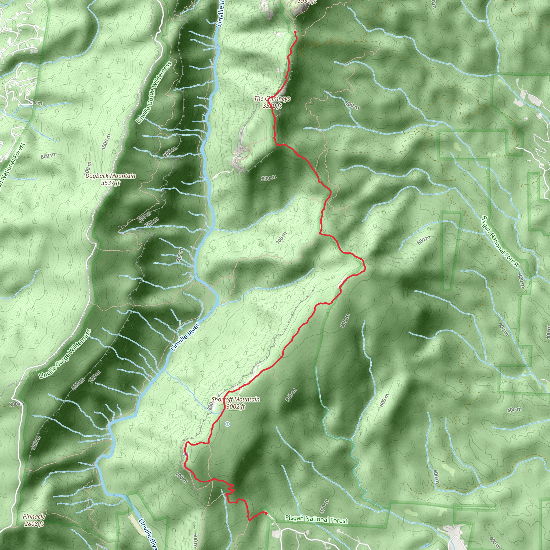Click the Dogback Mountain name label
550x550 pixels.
click(x=110, y=176)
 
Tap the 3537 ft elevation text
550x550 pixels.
click(x=110, y=183)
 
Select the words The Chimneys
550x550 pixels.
click(x=272, y=99)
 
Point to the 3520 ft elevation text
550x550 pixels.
click(x=272, y=106)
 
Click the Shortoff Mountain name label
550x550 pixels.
click(x=236, y=399)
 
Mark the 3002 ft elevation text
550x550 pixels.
click(x=236, y=407)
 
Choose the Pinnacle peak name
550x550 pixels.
click(x=34, y=516)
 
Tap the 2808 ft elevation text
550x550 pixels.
click(x=34, y=523)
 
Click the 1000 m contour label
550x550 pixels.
click(x=106, y=142)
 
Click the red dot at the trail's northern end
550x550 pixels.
click(x=295, y=32)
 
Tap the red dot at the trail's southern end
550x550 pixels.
click(x=266, y=513)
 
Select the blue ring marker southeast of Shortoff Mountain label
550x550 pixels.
click(x=227, y=424)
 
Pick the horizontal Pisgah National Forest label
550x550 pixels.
click(x=316, y=519)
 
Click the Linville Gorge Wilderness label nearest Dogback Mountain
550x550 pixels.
click(x=154, y=93)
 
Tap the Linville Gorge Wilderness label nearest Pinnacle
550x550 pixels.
click(x=65, y=354)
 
